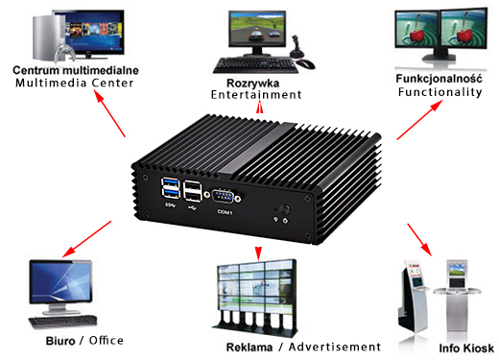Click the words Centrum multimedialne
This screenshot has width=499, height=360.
[x=76, y=70]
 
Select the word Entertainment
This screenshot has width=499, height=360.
[x=257, y=94]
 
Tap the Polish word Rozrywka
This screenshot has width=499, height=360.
[x=256, y=81]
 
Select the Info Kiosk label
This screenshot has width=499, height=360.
[x=465, y=348]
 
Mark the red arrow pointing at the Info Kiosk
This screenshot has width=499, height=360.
[x=417, y=237]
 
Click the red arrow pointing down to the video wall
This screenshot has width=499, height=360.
[x=257, y=252]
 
